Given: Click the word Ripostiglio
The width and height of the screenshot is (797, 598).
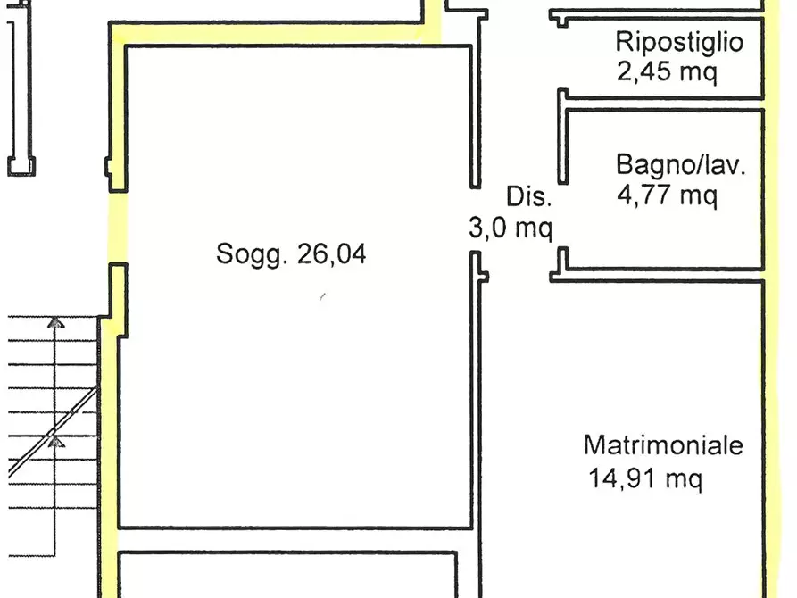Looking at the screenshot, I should (678, 42).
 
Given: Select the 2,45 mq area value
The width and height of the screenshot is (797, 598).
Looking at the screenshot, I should (667, 71).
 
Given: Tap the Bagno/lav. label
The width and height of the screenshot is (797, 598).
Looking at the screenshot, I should (679, 165).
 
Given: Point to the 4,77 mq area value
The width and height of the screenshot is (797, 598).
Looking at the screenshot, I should (667, 195).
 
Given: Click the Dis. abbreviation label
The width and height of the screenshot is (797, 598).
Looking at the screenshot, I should (530, 197).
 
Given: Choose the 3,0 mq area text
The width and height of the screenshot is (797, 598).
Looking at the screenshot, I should (511, 229).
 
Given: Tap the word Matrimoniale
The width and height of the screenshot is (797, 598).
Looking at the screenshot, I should (663, 444).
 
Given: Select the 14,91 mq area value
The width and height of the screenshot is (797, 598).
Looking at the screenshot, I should (645, 479).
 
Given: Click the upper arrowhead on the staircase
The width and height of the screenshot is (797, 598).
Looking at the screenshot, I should (56, 323).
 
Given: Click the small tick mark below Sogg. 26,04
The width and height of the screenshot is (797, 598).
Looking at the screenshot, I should (321, 297).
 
